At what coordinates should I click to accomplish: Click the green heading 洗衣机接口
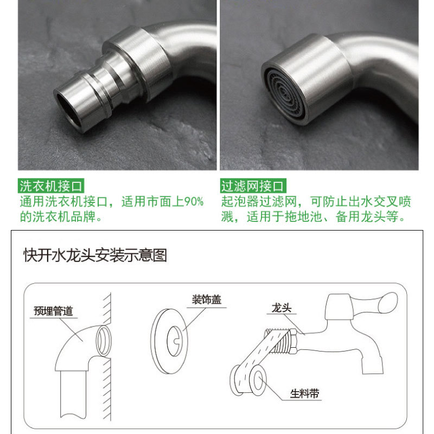click(51, 186)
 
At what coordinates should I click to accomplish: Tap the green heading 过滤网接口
click(253, 186)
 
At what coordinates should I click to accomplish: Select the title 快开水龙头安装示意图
click(95, 255)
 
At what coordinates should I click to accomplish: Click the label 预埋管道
click(53, 311)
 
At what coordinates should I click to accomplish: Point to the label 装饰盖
click(207, 300)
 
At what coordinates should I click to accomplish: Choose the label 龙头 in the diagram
click(282, 308)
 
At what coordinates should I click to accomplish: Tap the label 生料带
click(305, 393)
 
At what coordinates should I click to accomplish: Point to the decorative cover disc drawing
click(169, 341)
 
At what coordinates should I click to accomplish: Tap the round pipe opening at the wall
click(104, 341)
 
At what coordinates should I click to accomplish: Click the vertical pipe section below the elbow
click(73, 394)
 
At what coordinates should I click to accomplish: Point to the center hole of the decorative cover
click(175, 341)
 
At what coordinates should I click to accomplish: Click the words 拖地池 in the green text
click(304, 216)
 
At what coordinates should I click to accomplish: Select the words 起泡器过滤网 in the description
click(259, 201)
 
